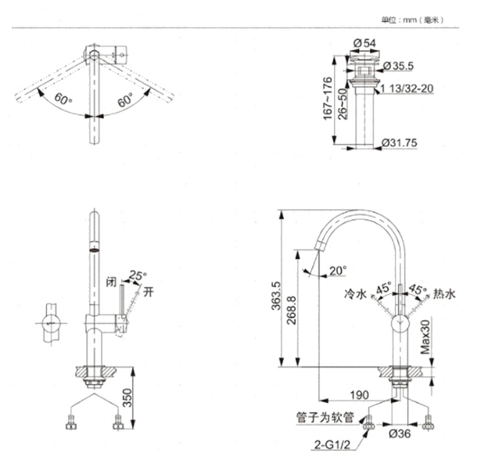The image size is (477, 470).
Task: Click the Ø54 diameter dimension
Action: [x=364, y=43]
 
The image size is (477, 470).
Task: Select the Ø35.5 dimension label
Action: [x=398, y=66]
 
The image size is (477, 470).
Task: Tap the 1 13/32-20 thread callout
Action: [x=407, y=88]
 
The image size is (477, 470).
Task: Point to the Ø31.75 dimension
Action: [x=400, y=143]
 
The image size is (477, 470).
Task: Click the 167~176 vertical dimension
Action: [x=327, y=98]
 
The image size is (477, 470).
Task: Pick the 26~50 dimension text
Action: [x=342, y=104]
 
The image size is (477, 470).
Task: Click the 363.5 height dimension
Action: [x=276, y=296]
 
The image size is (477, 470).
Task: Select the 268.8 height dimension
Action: [x=291, y=310]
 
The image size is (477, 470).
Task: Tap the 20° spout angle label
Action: [x=338, y=270]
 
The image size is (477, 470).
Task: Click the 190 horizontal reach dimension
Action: [x=360, y=395]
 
